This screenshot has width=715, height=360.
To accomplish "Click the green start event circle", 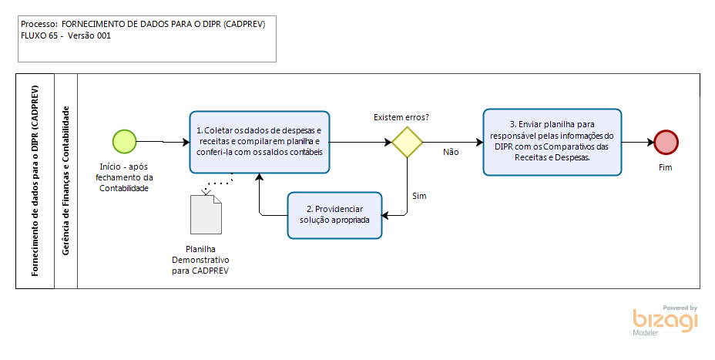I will [x=125, y=141].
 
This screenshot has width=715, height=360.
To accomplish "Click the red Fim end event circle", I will [x=666, y=142].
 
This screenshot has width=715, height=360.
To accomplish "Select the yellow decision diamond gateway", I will [x=407, y=143].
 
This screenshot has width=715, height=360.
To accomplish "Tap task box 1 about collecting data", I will [x=260, y=141].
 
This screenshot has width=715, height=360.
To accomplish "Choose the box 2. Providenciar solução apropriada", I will [x=334, y=214].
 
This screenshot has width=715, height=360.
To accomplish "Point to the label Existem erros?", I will [x=401, y=117].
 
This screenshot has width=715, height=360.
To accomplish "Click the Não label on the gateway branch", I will [x=451, y=152].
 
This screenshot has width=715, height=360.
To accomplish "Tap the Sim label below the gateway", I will [x=419, y=196].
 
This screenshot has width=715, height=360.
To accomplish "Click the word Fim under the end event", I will [x=666, y=167].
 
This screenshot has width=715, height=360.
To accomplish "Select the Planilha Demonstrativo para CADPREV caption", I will [x=201, y=260].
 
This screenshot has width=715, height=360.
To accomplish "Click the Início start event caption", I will [x=126, y=177].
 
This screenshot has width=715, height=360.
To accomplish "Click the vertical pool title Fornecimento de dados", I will [x=35, y=180].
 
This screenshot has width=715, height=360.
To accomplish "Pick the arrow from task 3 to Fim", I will [x=637, y=142].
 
